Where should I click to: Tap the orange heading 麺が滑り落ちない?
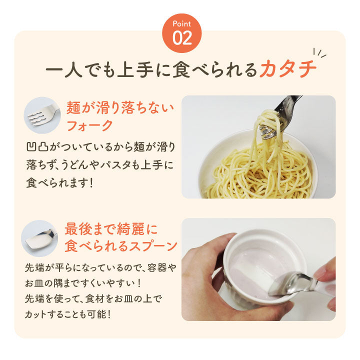click(120, 106)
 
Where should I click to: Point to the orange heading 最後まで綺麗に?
click(111, 229)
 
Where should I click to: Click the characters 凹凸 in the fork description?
click(35, 147)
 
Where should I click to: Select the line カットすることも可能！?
click(67, 314)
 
